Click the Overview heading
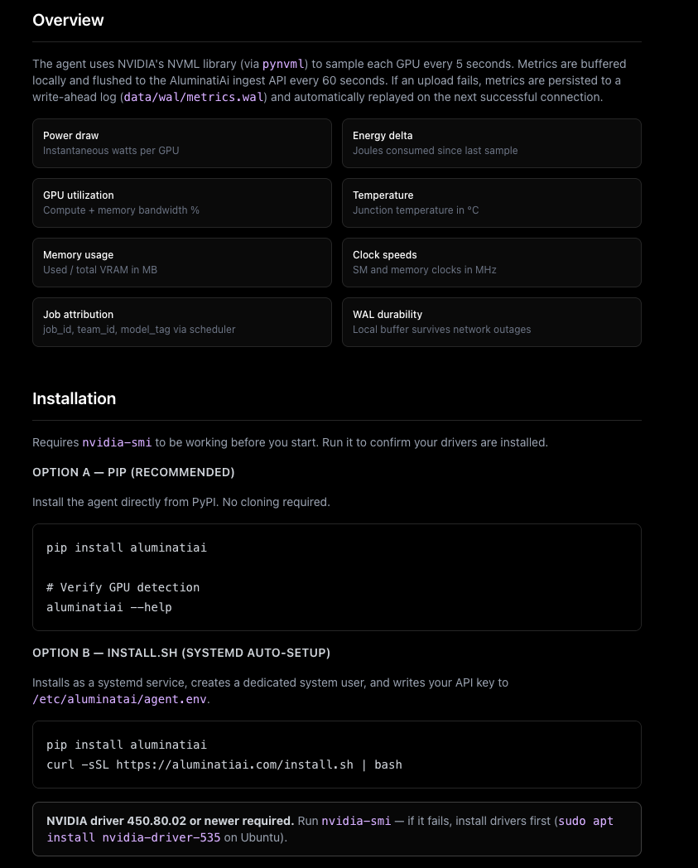[x=68, y=20]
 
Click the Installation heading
[x=74, y=398]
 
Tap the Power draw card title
[x=70, y=136]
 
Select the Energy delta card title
[x=383, y=136]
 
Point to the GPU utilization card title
[x=79, y=195]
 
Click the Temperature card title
[x=383, y=195]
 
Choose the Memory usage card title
[x=78, y=255]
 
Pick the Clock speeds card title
[x=384, y=255]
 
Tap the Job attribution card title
[x=78, y=315]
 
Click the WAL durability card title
[x=388, y=315]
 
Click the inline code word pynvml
[x=283, y=64]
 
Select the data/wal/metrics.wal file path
[x=194, y=97]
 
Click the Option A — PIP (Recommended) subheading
[x=133, y=472]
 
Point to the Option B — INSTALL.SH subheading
[x=181, y=653]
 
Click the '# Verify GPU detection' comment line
[x=123, y=587]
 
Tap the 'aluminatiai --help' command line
[x=108, y=607]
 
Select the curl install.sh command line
[x=224, y=764]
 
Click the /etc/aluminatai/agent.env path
[x=120, y=699]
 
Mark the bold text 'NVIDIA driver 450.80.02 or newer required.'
[x=170, y=821]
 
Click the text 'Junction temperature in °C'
[x=416, y=210]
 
